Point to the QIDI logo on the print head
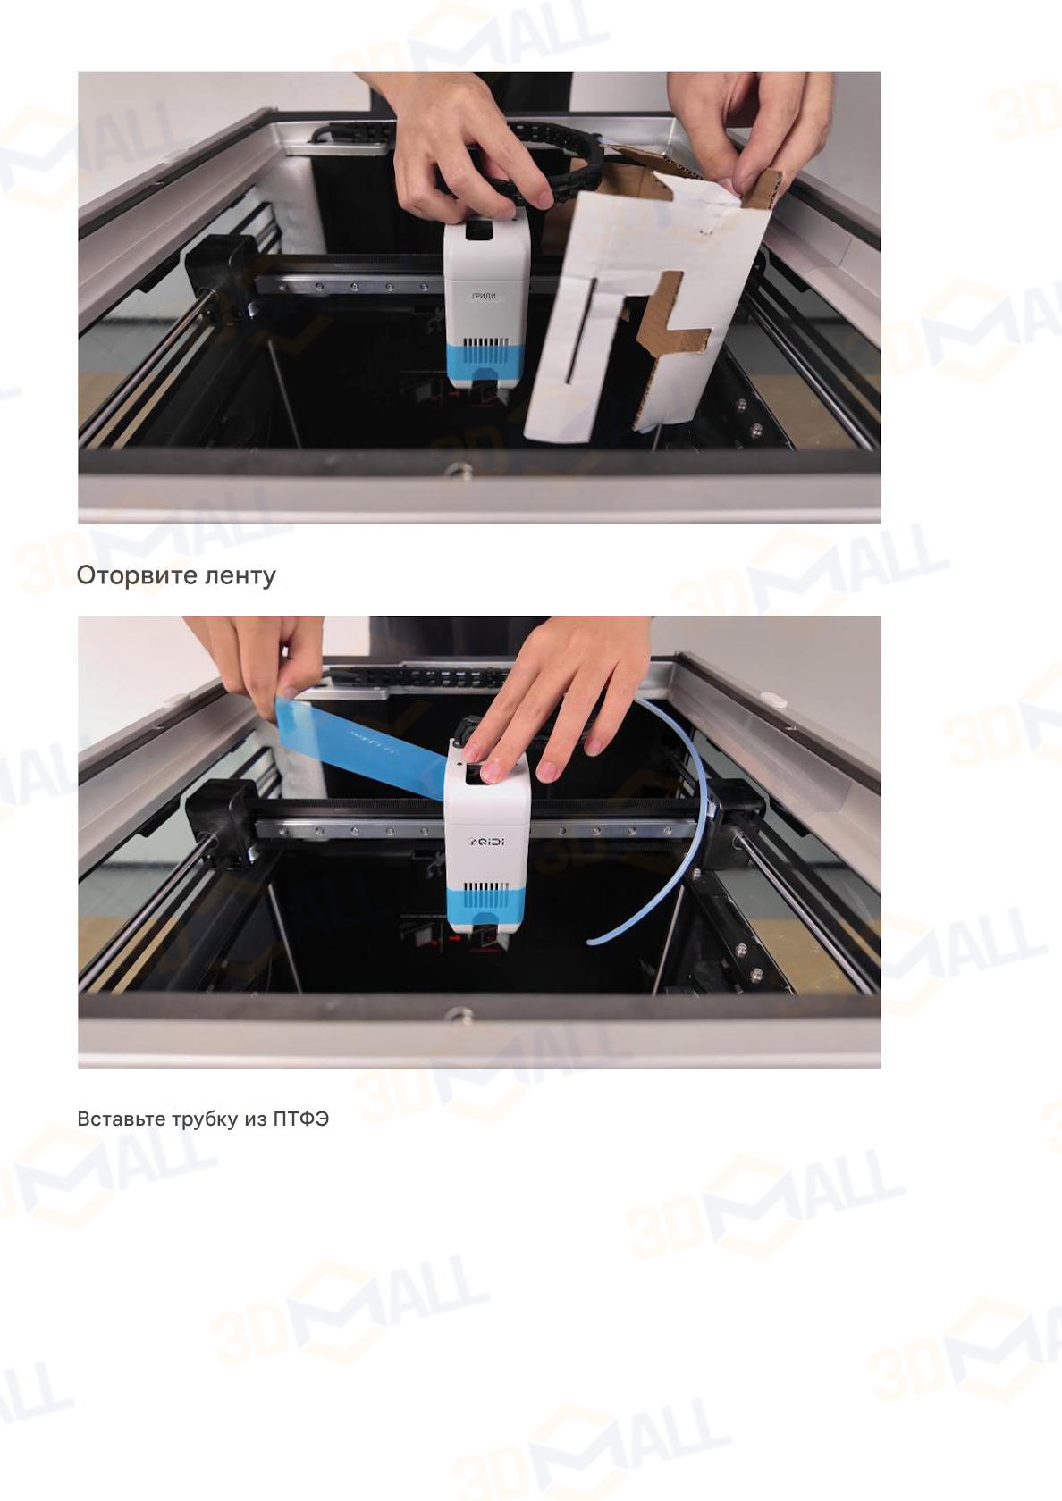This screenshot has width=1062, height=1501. tap(486, 840)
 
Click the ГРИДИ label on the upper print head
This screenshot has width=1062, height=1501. tap(484, 296)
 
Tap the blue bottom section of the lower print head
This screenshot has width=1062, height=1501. tap(487, 907)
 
